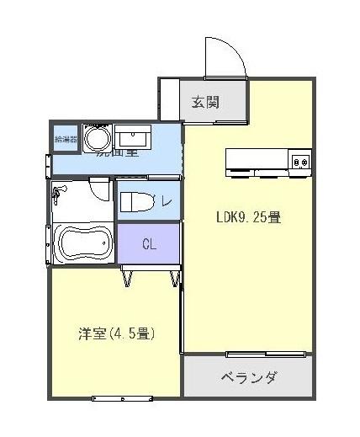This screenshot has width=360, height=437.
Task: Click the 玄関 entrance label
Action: point(205,103)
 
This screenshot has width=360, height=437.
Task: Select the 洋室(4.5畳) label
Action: point(114,333)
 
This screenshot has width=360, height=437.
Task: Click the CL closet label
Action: point(149,245)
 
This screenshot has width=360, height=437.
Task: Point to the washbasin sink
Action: point(131,137)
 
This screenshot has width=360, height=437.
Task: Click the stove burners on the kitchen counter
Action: point(300,159)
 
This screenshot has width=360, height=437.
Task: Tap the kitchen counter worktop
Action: point(257,159)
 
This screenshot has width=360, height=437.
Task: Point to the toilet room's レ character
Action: point(167,201)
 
